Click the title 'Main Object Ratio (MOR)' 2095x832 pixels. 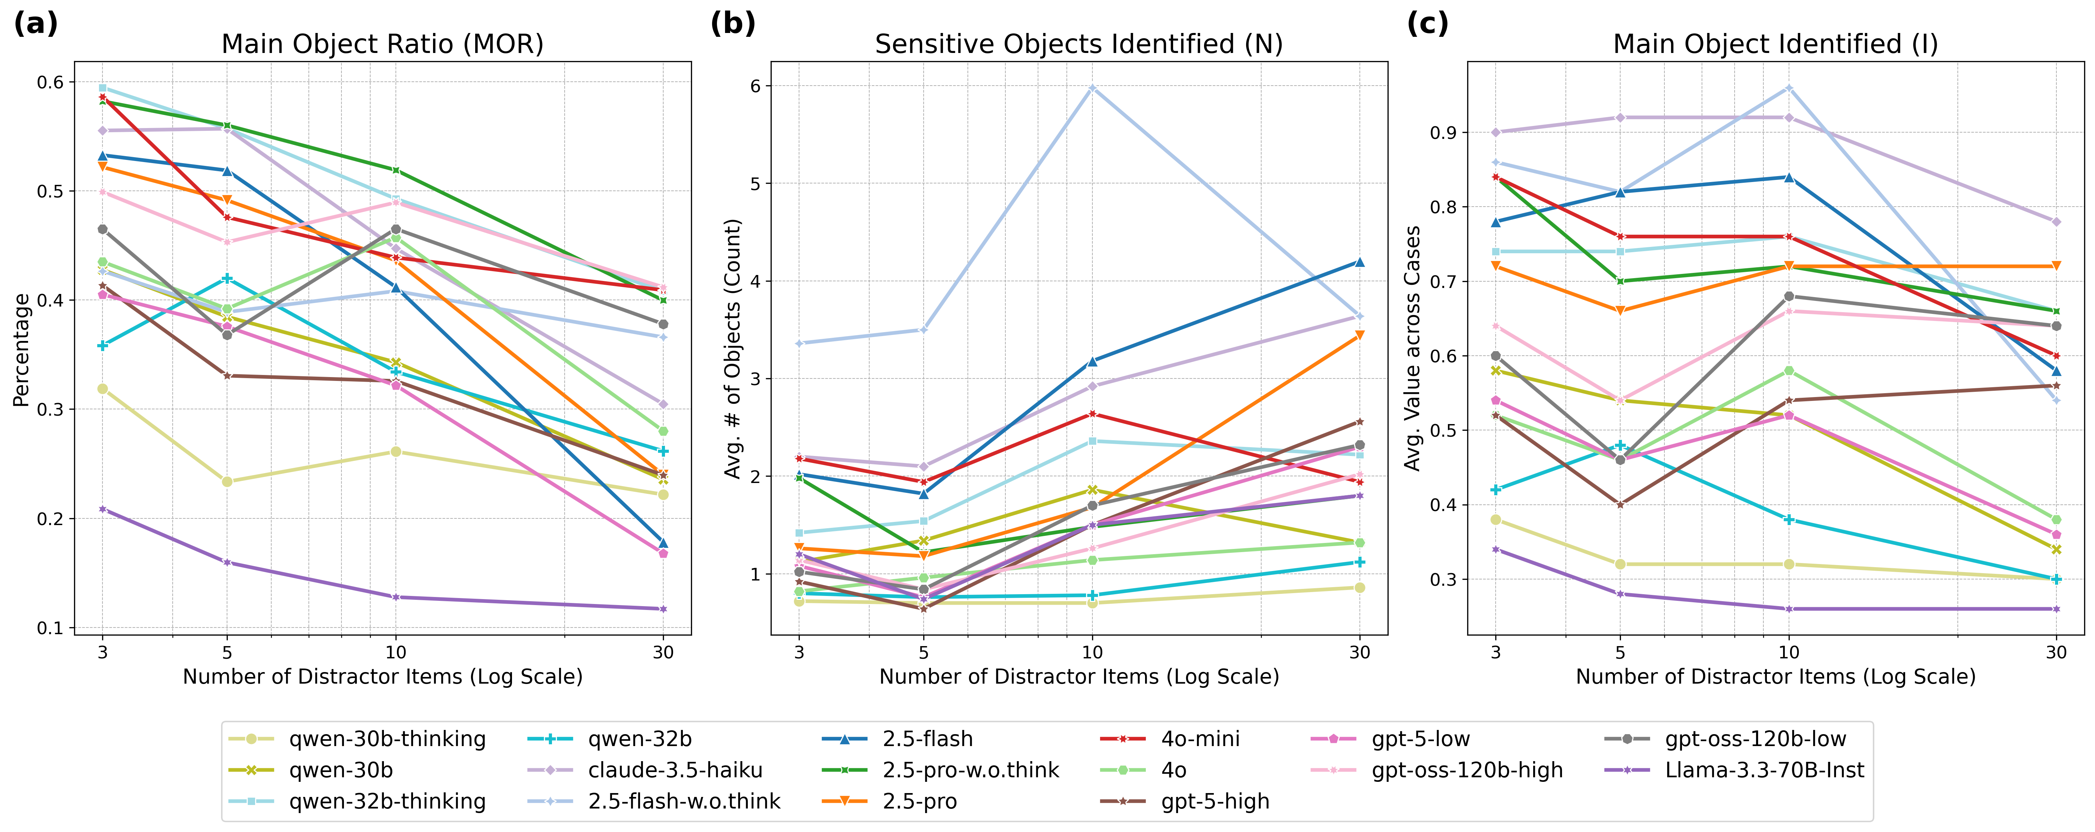(382, 44)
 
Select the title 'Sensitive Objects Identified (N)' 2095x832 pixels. (1078, 44)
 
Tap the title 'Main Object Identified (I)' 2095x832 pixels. (1775, 44)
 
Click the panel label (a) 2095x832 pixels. (36, 24)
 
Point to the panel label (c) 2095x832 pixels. (1427, 24)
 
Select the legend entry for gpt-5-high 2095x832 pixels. (1215, 801)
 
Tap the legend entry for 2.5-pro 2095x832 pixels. (920, 801)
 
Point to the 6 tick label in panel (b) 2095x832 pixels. (755, 86)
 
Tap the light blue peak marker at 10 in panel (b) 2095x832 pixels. (1092, 88)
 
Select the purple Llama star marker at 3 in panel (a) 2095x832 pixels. (102, 509)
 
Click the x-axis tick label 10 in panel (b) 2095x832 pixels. (1092, 652)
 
